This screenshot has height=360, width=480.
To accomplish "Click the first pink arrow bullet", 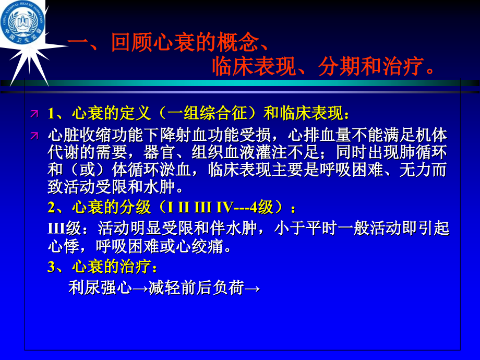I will pyautogui.click(x=34, y=113).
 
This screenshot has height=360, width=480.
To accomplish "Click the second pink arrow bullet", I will pyautogui.click(x=34, y=136).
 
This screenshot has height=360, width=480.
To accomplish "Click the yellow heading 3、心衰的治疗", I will pyautogui.click(x=102, y=267).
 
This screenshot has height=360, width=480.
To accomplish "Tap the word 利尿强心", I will pyautogui.click(x=99, y=288).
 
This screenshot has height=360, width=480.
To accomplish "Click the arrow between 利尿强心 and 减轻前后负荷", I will pyautogui.click(x=140, y=289).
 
